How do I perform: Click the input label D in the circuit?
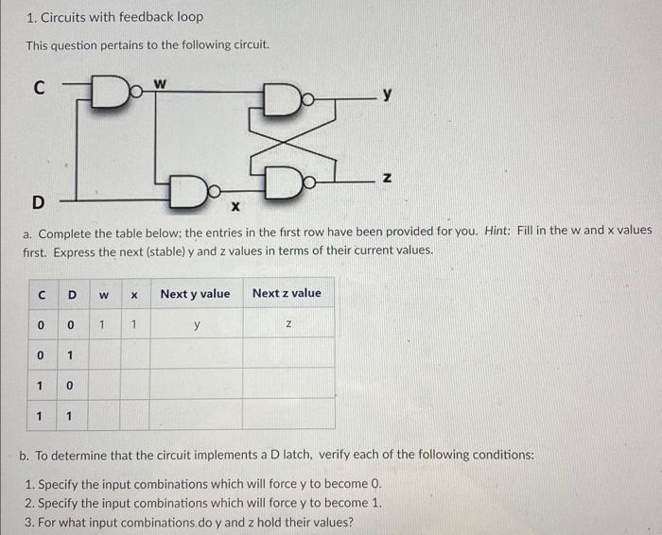38,200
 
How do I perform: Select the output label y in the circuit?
387,94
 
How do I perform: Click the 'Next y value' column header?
195,293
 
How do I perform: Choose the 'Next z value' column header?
287,293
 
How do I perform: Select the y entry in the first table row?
196,325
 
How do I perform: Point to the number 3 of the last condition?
29,520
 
